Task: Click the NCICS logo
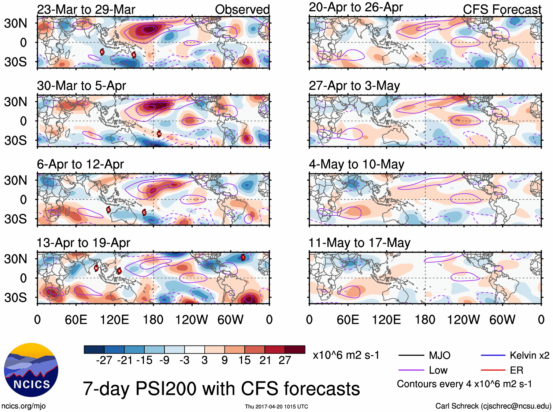coord(31,370)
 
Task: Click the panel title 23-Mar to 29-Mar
coord(86,10)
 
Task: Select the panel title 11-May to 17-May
coord(359,243)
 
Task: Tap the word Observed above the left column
coord(242,10)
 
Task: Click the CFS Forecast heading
coord(502,10)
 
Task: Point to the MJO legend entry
coord(439,355)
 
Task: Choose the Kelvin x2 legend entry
coord(529,355)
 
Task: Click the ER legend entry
coord(516,370)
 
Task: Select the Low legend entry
coord(438,370)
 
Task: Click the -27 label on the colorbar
coord(104,360)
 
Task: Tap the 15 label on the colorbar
coord(244,360)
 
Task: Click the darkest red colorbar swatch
coord(295,349)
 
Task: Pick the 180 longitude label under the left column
coord(153,320)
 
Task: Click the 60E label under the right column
coord(348,320)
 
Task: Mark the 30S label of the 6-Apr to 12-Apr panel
coord(15,219)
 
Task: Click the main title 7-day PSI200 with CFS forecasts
coord(221,389)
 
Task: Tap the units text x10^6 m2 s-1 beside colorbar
coord(346,355)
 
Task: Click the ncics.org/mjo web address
coord(23,406)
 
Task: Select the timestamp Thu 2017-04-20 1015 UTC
coord(276,407)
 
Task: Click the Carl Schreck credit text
coord(493,406)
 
